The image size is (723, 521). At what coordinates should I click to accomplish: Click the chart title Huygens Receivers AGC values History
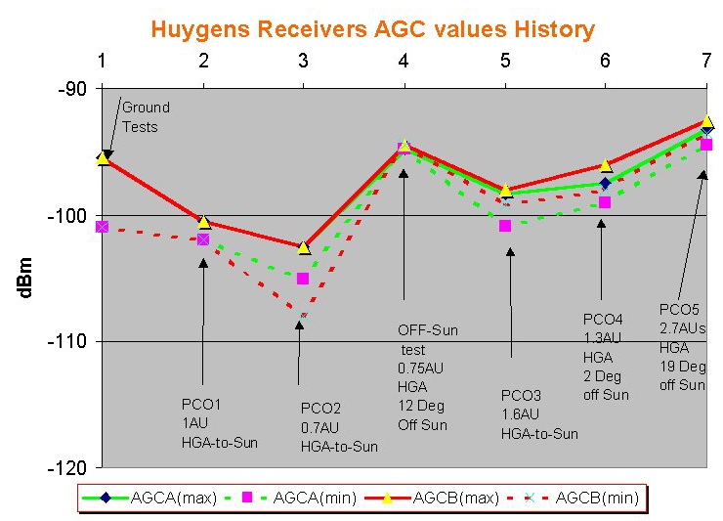click(372, 29)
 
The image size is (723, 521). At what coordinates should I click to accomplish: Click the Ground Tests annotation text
click(146, 116)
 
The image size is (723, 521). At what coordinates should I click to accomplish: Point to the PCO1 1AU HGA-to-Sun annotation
click(219, 422)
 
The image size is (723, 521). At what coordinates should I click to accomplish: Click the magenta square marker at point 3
click(303, 279)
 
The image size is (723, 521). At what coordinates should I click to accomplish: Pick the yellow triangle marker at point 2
click(203, 222)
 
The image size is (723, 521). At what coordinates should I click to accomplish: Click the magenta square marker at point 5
click(505, 226)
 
